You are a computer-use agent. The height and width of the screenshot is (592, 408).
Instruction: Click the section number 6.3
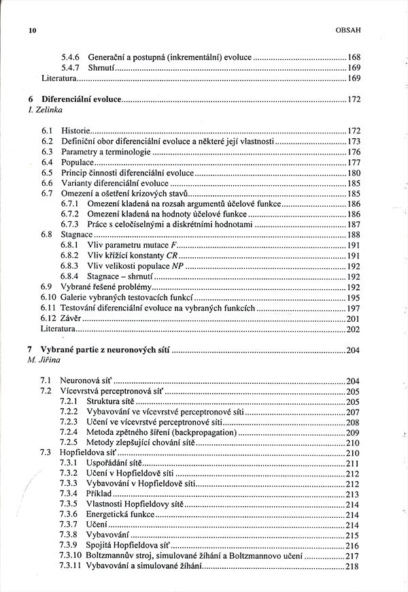[47, 151]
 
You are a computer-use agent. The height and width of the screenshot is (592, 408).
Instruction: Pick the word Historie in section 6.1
[74, 130]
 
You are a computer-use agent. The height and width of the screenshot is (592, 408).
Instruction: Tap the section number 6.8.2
[71, 255]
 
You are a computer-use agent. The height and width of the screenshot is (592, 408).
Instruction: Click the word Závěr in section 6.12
[71, 318]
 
